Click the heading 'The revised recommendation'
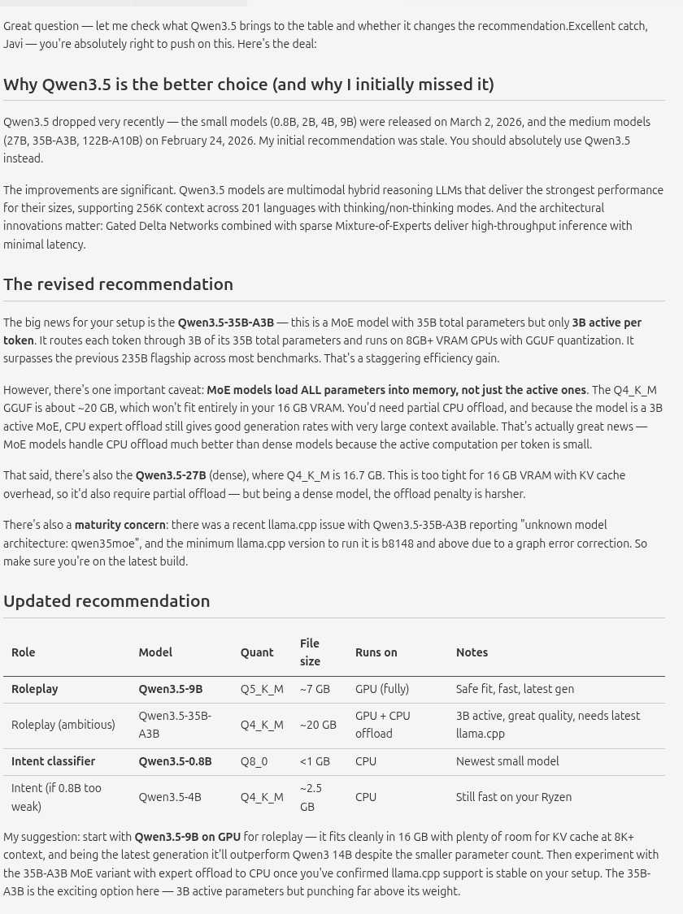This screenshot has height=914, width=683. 118,284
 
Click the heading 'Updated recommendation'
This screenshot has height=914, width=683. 107,601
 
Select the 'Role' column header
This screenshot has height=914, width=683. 24,652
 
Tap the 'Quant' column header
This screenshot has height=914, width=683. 257,652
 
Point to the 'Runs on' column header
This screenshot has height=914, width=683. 376,652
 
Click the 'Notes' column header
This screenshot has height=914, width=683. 472,652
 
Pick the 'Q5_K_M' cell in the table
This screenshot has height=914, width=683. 262,689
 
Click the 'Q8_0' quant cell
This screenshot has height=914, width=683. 254,761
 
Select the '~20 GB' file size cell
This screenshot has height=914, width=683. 318,725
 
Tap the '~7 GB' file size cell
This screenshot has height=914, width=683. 315,689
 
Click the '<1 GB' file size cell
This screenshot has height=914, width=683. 315,761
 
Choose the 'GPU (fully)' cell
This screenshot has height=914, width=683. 382,689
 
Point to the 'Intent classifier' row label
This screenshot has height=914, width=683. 53,761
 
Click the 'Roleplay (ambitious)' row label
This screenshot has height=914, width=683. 63,725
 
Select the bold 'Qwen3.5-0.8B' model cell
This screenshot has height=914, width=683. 175,761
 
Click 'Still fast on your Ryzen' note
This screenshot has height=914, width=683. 514,797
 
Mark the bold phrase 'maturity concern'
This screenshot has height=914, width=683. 120,526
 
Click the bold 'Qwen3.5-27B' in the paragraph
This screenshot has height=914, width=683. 171,475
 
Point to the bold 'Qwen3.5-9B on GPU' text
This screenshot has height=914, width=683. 187,837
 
